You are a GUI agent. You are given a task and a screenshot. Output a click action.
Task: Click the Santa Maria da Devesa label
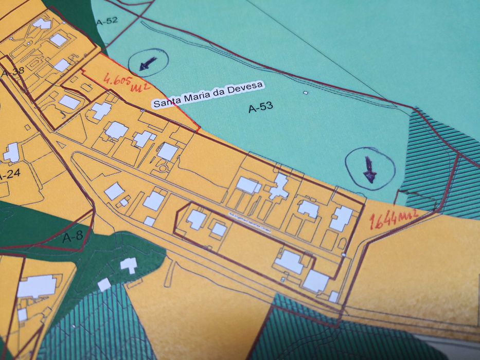coord(208,94)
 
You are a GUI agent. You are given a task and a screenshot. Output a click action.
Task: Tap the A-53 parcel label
coord(260,107)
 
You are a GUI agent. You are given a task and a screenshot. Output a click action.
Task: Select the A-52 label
coord(107,21)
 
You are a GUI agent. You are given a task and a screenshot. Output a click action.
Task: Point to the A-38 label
coord(13,72)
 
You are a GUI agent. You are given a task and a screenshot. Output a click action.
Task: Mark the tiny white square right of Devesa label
coord(305,93)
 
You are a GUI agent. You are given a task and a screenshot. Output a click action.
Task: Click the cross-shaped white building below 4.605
coord(101,111)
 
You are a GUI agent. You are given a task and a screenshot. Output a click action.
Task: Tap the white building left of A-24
coord(11,152)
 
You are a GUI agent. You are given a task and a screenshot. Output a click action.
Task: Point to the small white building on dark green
coord(128,265)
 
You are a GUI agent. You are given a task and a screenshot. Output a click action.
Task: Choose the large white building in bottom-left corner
coord(36,286)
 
